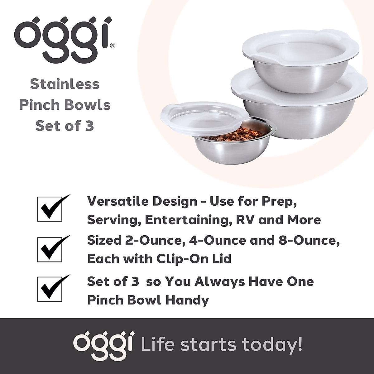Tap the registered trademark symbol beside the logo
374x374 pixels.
[113, 46]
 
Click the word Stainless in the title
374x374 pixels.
[65, 84]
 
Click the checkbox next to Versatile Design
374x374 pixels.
[50, 209]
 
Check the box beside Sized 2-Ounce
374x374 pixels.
[50, 250]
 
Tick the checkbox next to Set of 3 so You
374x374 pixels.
[50, 289]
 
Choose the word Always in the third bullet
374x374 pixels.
[220, 282]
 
